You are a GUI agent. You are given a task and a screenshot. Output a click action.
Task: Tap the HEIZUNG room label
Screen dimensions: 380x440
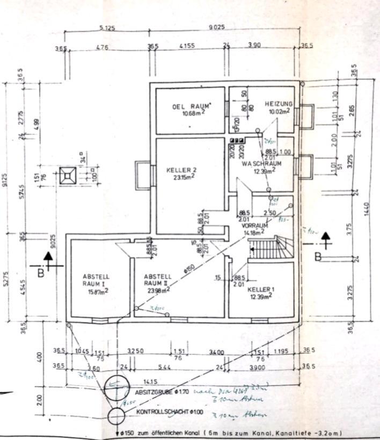tap(278, 104)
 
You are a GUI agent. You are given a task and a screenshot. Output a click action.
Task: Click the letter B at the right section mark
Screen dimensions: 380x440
tap(318, 258)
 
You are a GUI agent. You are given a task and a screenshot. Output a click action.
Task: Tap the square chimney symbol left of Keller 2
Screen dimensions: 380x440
tap(68, 176)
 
